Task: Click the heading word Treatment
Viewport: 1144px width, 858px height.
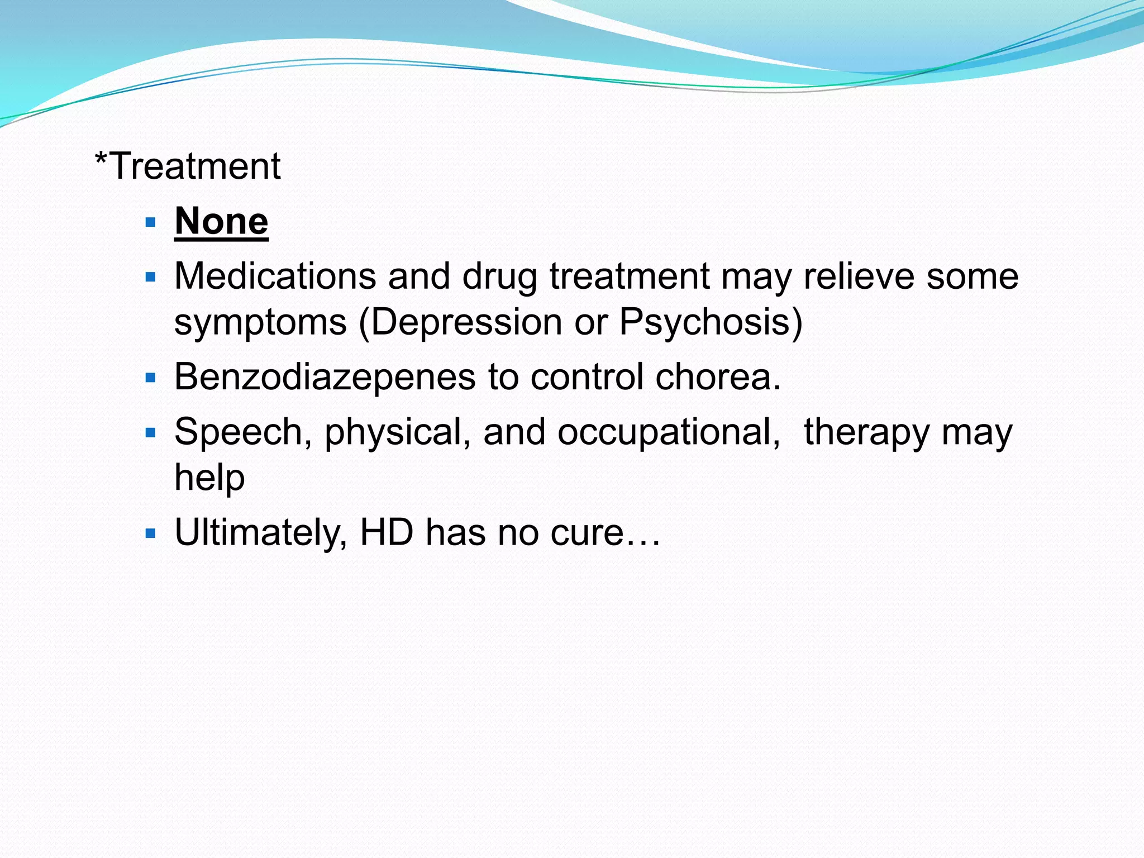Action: coord(195,166)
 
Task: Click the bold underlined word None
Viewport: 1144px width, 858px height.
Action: coord(221,221)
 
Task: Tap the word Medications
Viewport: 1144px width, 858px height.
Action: coord(275,276)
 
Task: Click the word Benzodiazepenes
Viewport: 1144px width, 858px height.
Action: coord(325,377)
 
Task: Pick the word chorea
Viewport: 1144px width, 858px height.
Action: coord(717,377)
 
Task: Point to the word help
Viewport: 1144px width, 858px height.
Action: coord(209,478)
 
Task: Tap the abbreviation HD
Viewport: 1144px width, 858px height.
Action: coord(387,532)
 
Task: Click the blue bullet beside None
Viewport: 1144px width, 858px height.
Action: coord(150,223)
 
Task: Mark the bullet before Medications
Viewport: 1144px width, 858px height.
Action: coord(150,277)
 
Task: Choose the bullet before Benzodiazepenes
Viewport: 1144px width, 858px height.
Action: coord(150,378)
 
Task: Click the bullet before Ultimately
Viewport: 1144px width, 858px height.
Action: coord(150,533)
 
